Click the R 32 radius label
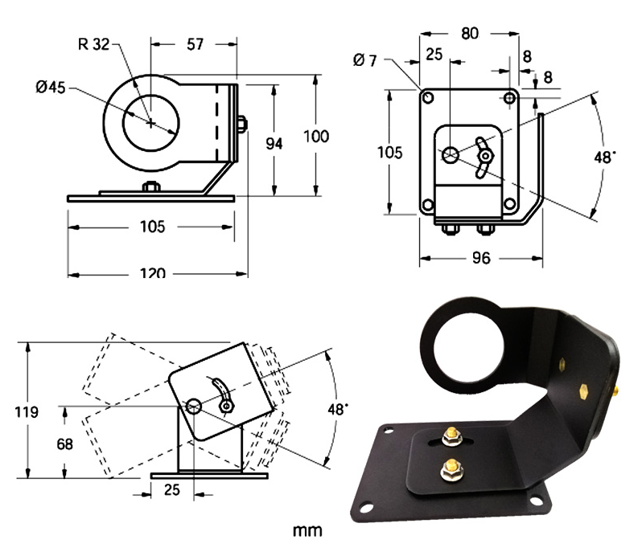click(x=93, y=44)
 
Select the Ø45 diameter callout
click(x=51, y=87)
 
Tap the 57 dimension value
click(x=195, y=44)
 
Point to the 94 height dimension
click(x=274, y=143)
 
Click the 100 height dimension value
click(x=316, y=136)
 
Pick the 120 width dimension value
click(x=153, y=272)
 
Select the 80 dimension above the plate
click(x=470, y=33)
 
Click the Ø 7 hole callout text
click(x=365, y=60)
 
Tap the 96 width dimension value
click(x=481, y=258)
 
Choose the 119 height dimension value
click(x=27, y=411)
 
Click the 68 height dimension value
click(x=64, y=444)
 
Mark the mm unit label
click(x=307, y=530)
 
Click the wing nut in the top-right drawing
click(x=484, y=157)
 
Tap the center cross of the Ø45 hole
click(x=151, y=122)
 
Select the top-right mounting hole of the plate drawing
click(x=510, y=98)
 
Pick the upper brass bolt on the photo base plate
click(x=451, y=436)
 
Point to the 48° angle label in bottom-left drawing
click(x=338, y=409)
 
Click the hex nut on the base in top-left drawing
click(x=151, y=186)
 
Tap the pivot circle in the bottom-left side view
click(x=194, y=406)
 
